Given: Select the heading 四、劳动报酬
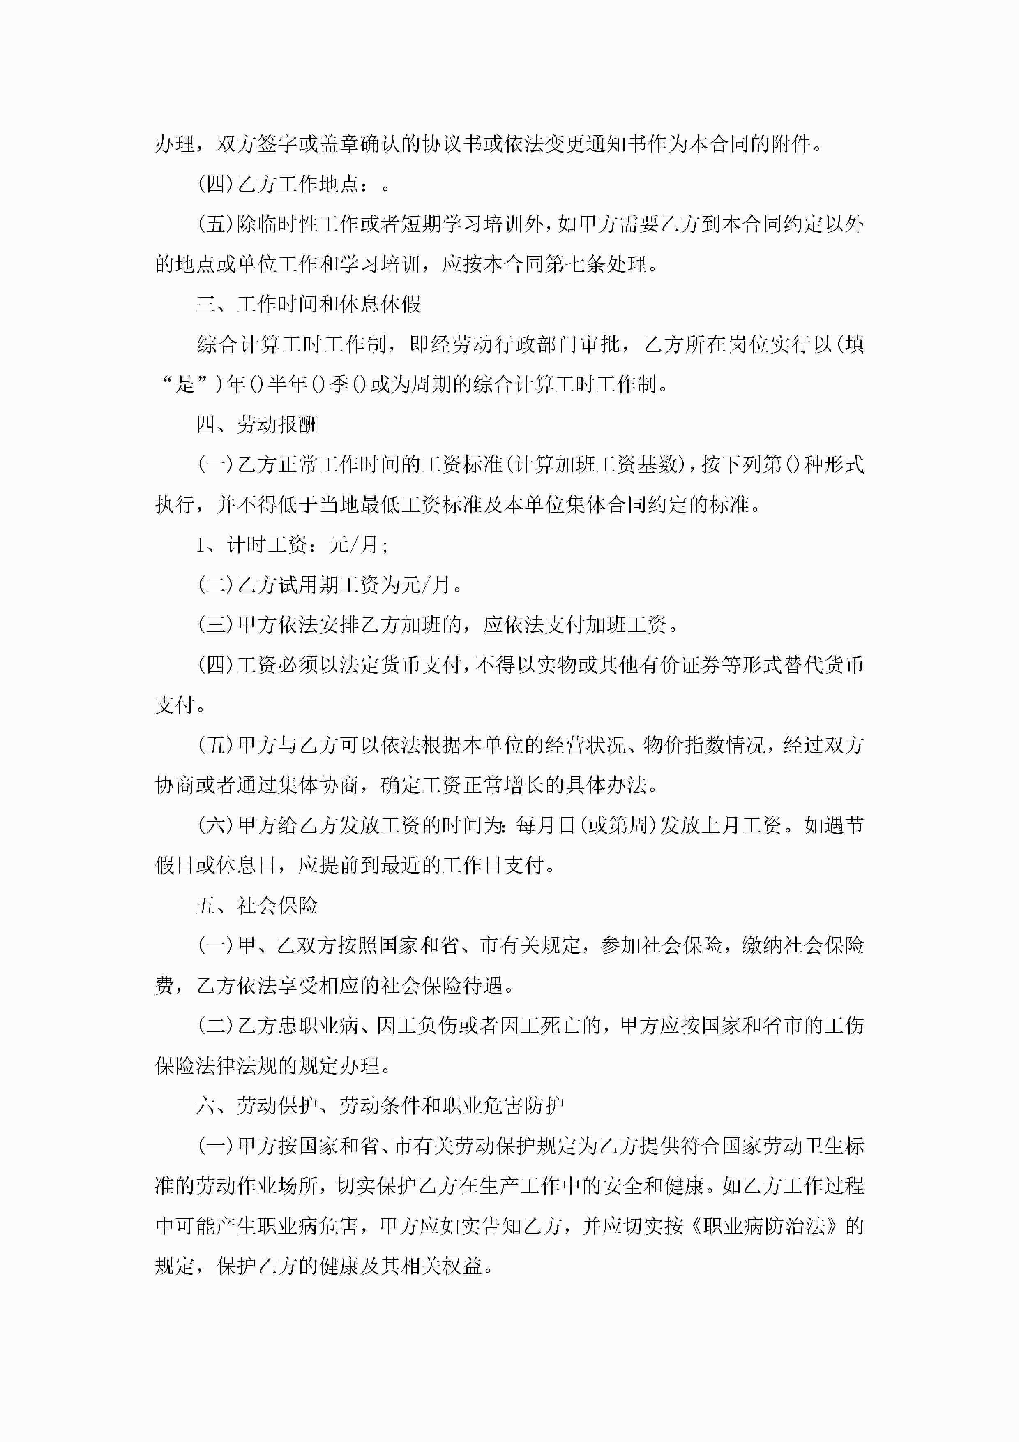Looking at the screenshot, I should [x=257, y=425].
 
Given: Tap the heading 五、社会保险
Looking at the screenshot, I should [x=257, y=906].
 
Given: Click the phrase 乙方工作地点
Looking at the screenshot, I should [x=298, y=184].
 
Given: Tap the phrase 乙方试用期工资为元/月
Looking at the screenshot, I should [x=345, y=585].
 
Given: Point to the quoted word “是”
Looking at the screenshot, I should [x=185, y=384].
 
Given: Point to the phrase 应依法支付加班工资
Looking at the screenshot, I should [x=574, y=625].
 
